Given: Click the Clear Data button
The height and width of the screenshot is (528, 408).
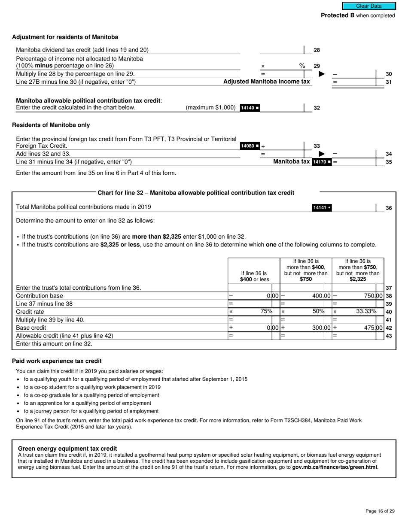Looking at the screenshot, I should pos(368,6).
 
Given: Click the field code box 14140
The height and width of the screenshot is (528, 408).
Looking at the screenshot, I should pos(250,108).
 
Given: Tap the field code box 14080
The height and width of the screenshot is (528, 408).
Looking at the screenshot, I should pos(250,146).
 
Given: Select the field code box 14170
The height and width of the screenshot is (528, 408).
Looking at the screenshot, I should pos(322,162).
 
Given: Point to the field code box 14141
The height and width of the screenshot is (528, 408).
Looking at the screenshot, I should pos(322,208).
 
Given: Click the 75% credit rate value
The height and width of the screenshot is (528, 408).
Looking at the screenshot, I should pos(266,311).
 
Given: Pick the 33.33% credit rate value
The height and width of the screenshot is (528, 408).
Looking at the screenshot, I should pos(366,311).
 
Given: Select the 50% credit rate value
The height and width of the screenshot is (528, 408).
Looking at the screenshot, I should pos(318,311).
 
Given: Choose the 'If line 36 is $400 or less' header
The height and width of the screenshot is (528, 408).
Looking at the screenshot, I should pos(254,276).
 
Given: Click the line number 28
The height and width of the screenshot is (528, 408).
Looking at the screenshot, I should pos(317,50).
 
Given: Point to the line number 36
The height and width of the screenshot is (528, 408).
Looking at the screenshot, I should pos(389,208).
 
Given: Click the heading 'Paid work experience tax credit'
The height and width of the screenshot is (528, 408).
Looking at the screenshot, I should pos(57,361).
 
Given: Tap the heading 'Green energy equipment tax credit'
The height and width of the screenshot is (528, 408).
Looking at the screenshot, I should pos(67,449).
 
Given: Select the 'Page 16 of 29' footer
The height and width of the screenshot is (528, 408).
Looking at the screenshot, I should pos(380,511).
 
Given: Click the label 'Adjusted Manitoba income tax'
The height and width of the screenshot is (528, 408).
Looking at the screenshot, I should pos(266,82).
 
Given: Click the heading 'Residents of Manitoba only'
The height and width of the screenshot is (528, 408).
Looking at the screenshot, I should pos(51,125).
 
